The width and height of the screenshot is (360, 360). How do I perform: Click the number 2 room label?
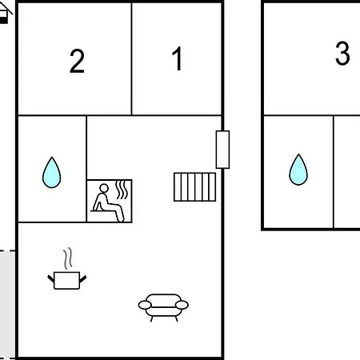(77, 61)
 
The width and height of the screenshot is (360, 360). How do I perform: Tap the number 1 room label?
(177, 58)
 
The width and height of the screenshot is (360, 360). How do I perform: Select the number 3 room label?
(342, 54)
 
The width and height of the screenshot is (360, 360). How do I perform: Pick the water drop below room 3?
(298, 170)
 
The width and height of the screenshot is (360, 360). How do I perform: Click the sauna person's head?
(104, 188)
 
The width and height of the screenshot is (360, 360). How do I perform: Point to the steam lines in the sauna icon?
(122, 190)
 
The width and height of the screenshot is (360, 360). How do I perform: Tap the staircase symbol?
(194, 187)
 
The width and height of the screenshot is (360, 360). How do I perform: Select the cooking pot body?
(66, 281)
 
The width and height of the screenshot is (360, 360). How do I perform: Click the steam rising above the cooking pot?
(68, 258)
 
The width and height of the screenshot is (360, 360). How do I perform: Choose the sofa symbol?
(163, 307)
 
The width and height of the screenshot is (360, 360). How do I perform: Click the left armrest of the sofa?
(145, 305)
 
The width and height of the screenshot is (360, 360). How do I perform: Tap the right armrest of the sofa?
(182, 305)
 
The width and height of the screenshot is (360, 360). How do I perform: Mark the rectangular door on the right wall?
(222, 150)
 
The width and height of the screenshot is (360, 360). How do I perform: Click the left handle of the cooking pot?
(50, 279)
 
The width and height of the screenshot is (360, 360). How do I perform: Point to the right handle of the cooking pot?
(83, 279)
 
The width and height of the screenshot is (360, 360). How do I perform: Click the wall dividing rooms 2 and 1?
(131, 59)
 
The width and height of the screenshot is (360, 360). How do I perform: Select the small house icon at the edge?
(5, 13)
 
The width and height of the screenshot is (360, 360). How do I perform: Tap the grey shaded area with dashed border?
(7, 305)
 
